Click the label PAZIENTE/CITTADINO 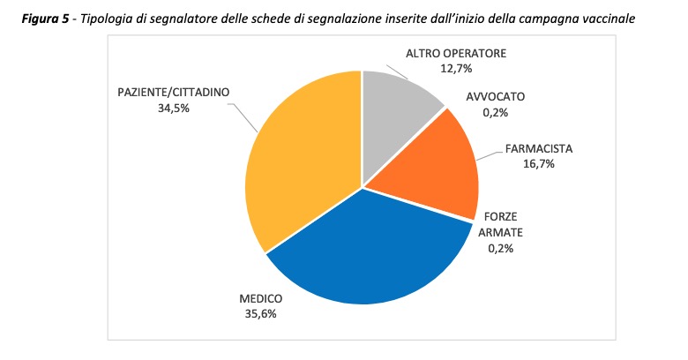coord(174,93)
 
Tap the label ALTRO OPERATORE coord(456,53)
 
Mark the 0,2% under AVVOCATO coord(495,113)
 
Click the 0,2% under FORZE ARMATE coord(499,248)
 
